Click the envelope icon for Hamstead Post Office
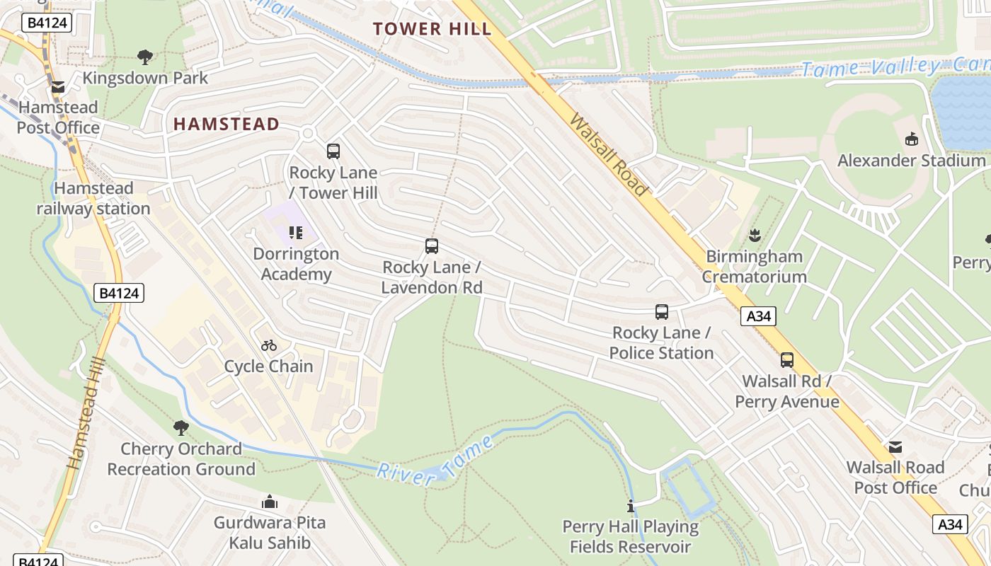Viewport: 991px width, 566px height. [x=58, y=87]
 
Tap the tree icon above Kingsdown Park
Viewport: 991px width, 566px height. [x=145, y=57]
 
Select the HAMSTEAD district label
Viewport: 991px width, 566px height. [x=227, y=125]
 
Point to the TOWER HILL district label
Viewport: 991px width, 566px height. [x=432, y=29]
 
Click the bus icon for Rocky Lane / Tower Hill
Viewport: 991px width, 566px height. [x=333, y=151]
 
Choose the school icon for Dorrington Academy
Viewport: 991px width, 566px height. [x=296, y=232]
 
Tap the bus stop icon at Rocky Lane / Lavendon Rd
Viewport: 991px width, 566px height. [x=432, y=246]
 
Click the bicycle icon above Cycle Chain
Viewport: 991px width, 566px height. [x=269, y=345]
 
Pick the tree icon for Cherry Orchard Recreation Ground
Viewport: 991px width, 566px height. [x=181, y=427]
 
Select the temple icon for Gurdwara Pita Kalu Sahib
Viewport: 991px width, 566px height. [x=270, y=502]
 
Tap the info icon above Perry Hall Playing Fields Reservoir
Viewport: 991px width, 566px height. [x=631, y=506]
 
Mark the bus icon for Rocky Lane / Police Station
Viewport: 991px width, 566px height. [x=662, y=311]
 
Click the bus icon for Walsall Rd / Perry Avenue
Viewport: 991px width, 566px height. [x=787, y=360]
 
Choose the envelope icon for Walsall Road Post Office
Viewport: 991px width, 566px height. [x=895, y=446]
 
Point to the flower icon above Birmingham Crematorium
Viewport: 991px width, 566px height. [x=755, y=235]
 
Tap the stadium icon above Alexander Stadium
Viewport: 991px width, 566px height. [x=911, y=139]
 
